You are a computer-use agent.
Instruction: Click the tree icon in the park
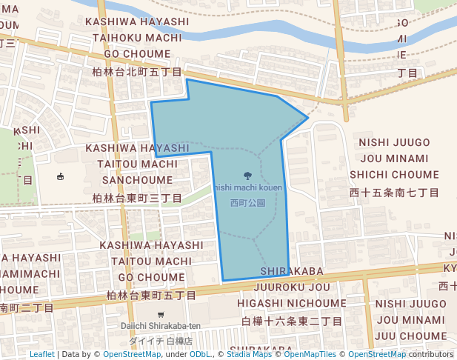tap(247, 176)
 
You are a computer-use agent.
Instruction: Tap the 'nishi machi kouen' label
tap(248, 188)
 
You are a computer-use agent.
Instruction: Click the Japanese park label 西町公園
tap(247, 202)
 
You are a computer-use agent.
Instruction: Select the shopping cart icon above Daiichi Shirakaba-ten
tap(161, 314)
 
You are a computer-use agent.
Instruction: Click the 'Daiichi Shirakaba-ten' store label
tap(161, 327)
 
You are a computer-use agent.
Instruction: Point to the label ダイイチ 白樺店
tap(161, 341)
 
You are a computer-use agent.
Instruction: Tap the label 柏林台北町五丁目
tap(137, 73)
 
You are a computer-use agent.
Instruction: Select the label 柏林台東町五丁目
tap(151, 296)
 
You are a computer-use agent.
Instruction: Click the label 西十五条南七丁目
tap(394, 193)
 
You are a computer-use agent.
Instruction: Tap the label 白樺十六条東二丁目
tap(292, 321)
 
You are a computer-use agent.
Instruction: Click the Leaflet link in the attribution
tap(41, 354)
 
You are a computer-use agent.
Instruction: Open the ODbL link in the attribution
tap(199, 354)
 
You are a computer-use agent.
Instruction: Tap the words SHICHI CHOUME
tap(394, 175)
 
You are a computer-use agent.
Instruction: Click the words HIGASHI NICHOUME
tap(292, 304)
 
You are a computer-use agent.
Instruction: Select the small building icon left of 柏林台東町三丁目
tap(60, 176)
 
